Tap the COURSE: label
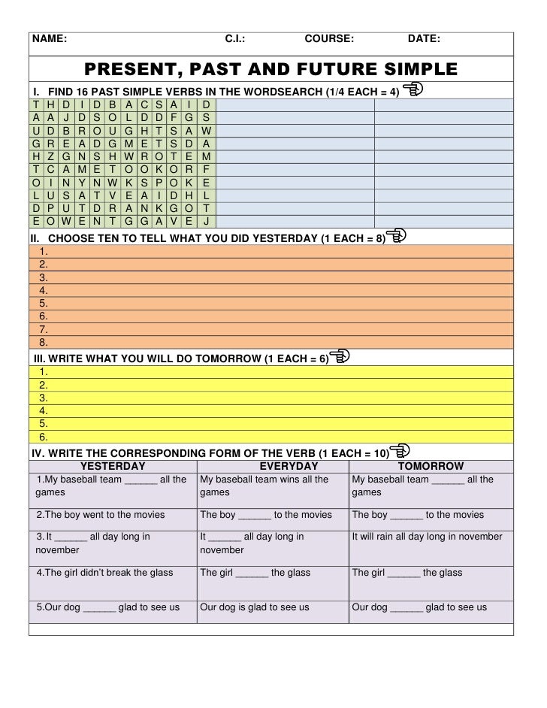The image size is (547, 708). [329, 39]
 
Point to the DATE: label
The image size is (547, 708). [424, 39]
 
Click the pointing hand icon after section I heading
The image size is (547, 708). [413, 91]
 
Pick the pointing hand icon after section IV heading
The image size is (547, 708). [400, 451]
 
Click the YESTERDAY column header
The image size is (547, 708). [113, 466]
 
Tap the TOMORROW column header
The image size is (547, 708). [431, 466]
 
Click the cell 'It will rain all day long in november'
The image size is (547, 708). [428, 537]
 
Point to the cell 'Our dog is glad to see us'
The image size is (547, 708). [255, 607]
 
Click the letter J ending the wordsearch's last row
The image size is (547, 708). [207, 220]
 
